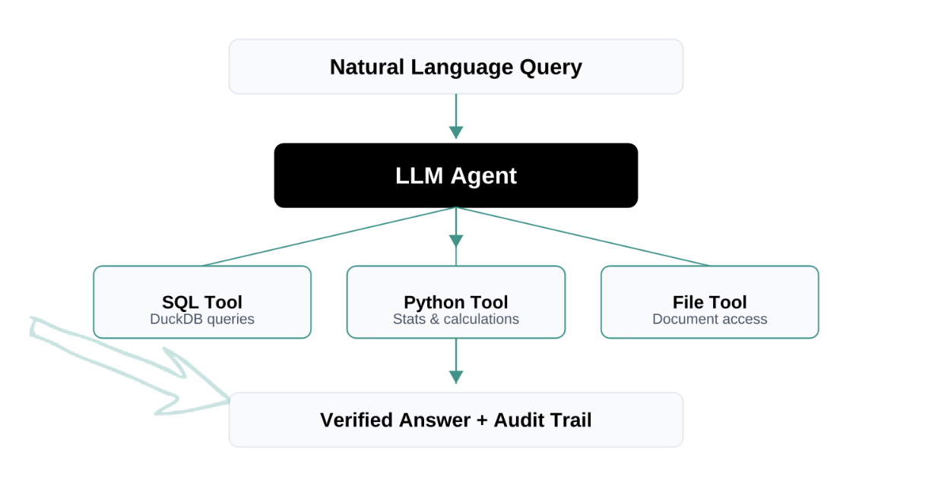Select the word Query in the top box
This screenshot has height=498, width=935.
(551, 67)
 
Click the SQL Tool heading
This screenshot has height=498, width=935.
(202, 302)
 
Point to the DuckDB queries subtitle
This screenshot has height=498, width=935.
(202, 320)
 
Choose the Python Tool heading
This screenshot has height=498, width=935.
(456, 302)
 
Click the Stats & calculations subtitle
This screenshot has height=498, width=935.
(456, 320)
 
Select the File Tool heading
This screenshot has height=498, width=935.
(710, 302)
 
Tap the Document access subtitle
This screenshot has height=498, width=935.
(710, 320)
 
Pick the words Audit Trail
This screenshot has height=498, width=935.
(543, 420)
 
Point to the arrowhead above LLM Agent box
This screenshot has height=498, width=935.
(456, 132)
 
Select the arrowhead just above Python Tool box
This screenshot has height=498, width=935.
(456, 241)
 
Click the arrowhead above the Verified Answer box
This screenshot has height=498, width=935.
(456, 377)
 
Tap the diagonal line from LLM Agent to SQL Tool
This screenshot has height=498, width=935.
(327, 237)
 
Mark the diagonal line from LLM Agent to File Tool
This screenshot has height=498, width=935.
(585, 237)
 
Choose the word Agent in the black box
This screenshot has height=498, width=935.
(483, 176)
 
